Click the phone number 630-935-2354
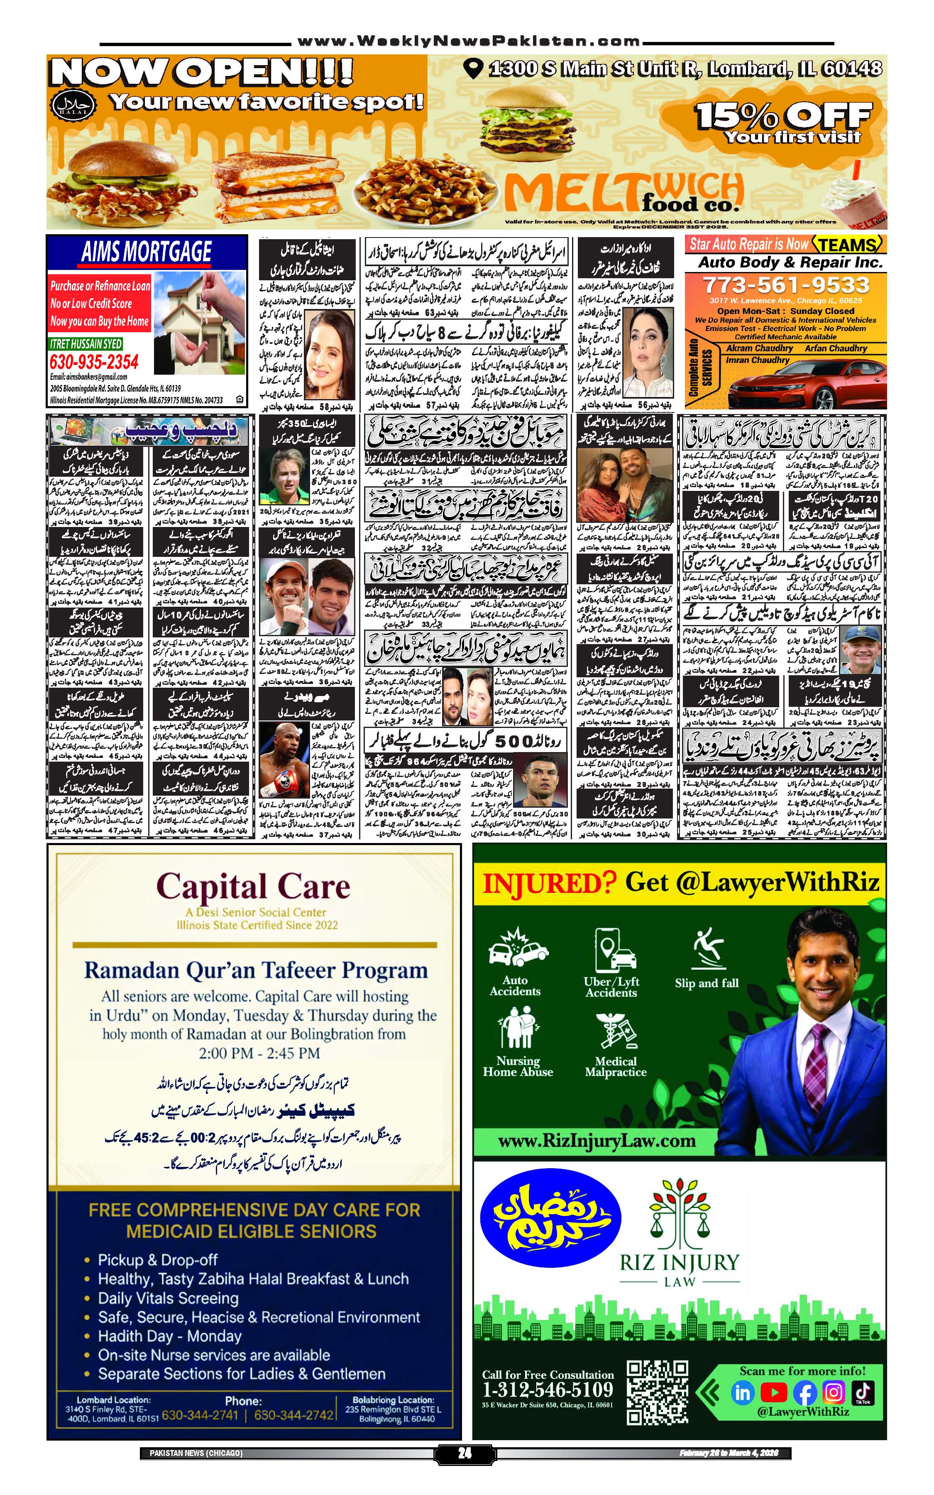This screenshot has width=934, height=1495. (x=94, y=362)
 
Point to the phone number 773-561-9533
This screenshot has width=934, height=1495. (x=786, y=285)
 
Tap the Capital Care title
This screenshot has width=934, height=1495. (x=253, y=887)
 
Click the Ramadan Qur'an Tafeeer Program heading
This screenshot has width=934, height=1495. (x=256, y=970)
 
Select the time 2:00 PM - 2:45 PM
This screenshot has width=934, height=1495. (x=259, y=1053)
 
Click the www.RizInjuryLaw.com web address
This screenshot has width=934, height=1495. (x=597, y=1141)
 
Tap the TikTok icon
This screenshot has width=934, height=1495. (x=863, y=1392)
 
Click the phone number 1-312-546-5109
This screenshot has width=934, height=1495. (x=548, y=1390)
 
